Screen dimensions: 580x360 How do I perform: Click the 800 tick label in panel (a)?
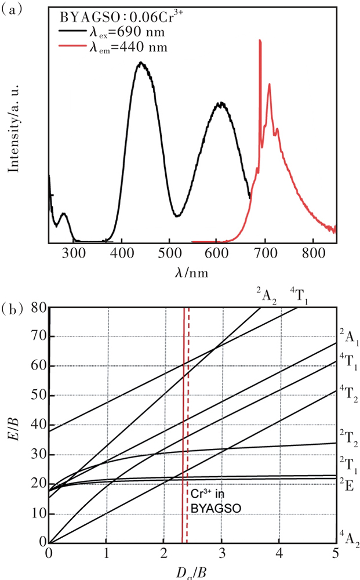(312, 253)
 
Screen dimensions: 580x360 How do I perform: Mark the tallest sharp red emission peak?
(260, 41)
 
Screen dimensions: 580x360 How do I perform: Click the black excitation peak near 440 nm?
(140, 63)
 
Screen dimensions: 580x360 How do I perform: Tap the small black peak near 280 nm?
(64, 214)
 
